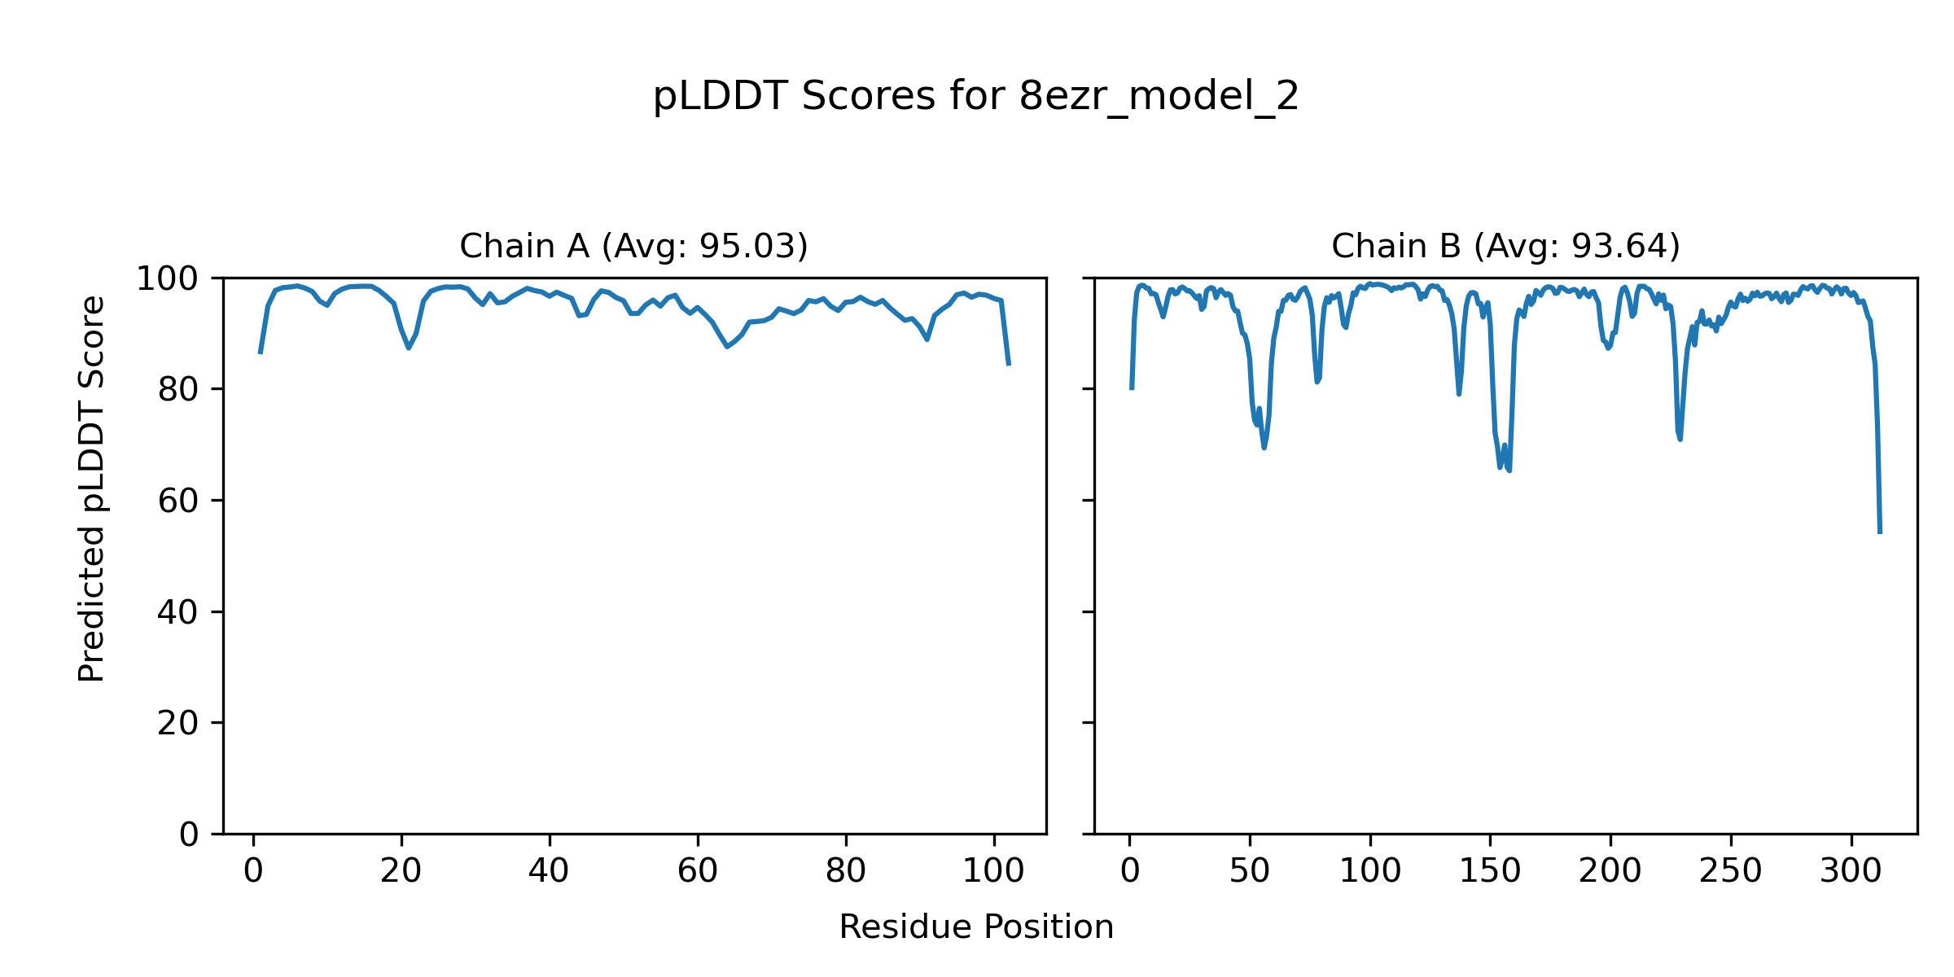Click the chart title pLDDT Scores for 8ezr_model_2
[976, 97]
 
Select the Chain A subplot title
[633, 246]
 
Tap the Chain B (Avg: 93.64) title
[1505, 246]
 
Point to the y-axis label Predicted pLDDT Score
[91, 488]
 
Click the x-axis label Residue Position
[976, 927]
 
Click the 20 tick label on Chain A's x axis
[401, 871]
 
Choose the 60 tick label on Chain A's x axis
[698, 871]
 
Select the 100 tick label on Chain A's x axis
[993, 871]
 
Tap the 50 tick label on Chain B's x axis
[1250, 871]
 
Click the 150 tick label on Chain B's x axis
[1490, 871]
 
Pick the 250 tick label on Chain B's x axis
[1731, 871]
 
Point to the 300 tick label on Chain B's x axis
[1851, 871]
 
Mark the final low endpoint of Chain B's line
[1880, 532]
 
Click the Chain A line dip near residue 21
[409, 348]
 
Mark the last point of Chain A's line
[1009, 365]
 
